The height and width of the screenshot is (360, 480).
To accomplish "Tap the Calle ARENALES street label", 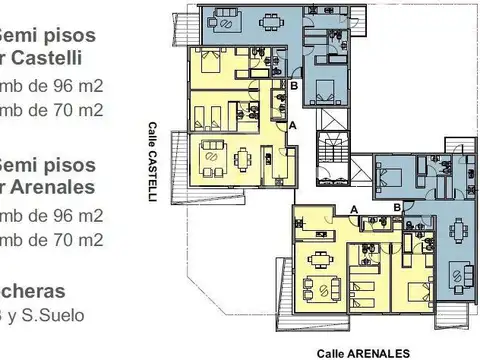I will coord(362,353).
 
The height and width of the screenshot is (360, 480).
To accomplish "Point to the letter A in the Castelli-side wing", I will coord(292,126).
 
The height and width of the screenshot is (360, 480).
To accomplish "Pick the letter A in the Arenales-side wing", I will coord(354,207).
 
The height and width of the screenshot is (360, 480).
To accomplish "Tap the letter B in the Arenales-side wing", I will coord(397,207).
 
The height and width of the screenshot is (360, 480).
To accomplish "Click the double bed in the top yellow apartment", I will coord(213,68).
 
